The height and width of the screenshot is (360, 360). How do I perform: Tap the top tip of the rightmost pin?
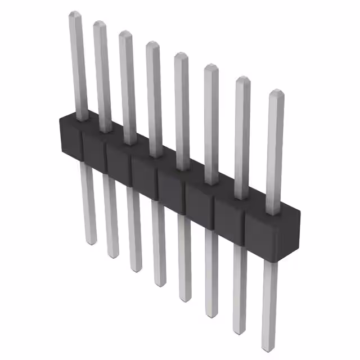[x=276, y=92]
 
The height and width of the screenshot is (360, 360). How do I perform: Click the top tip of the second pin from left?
[x=100, y=23]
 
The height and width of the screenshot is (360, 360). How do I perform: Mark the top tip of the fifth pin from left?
[x=181, y=55]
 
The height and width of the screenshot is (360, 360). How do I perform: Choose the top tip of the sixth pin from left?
[x=210, y=66]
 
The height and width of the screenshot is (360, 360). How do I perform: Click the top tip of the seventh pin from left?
[x=242, y=79]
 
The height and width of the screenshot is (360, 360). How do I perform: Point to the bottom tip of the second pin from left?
[x=112, y=256]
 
